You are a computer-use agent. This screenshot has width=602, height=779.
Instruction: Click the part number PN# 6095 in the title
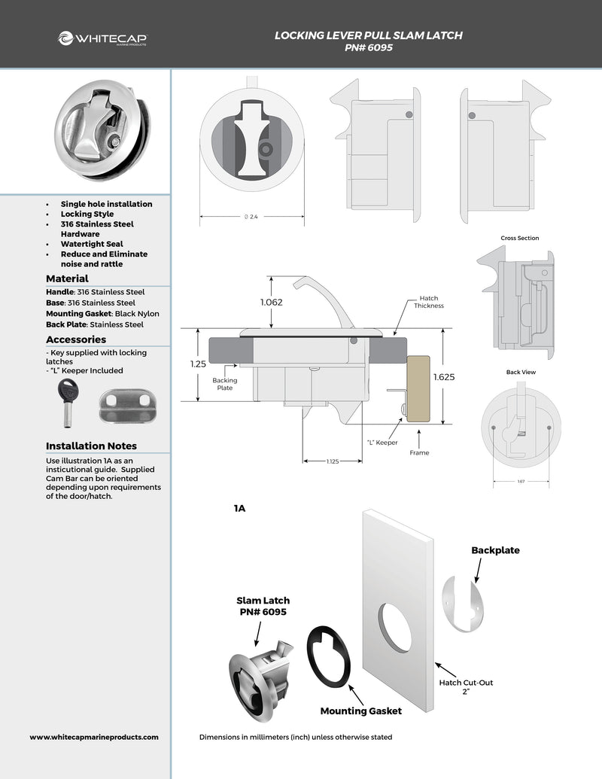tap(368, 47)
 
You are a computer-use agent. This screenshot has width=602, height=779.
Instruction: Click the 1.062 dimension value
tap(272, 302)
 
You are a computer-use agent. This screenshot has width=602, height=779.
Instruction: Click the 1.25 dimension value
tap(199, 363)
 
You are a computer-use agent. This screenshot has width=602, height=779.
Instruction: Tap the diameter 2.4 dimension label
tap(251, 217)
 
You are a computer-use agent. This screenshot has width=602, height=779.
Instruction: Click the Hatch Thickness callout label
tap(428, 302)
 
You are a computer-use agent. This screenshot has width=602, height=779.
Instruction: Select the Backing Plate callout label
tap(223, 384)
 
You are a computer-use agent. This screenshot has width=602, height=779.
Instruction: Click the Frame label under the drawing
tap(419, 453)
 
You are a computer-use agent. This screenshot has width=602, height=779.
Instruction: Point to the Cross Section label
tap(519, 238)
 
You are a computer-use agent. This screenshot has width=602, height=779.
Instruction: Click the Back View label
tap(519, 372)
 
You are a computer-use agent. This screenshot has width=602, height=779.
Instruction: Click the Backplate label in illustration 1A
tap(495, 550)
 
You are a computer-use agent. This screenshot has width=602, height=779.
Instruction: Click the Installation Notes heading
tap(91, 446)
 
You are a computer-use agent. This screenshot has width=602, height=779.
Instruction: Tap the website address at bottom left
tap(94, 738)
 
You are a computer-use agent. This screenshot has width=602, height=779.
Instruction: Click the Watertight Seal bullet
tap(92, 244)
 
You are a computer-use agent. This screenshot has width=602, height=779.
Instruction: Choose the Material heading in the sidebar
tap(67, 278)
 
